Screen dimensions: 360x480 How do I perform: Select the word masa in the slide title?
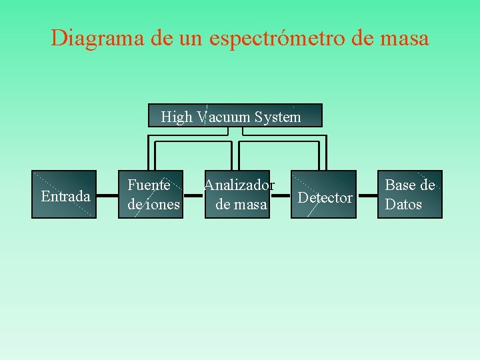pos(402,38)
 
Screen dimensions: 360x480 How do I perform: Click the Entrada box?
pos(65,195)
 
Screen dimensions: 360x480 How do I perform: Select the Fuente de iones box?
pos(154,195)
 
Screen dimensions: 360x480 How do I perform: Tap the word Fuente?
pos(149,185)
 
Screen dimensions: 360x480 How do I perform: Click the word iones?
pos(163,205)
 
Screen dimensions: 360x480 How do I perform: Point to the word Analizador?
pos(239,185)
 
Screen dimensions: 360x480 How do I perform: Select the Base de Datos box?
pos(409,195)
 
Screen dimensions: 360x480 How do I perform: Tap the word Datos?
pos(403,205)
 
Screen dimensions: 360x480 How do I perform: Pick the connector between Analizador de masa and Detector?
pos(281,196)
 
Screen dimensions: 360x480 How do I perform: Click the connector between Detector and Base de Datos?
pos(367,196)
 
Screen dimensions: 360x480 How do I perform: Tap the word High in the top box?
pos(176,117)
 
